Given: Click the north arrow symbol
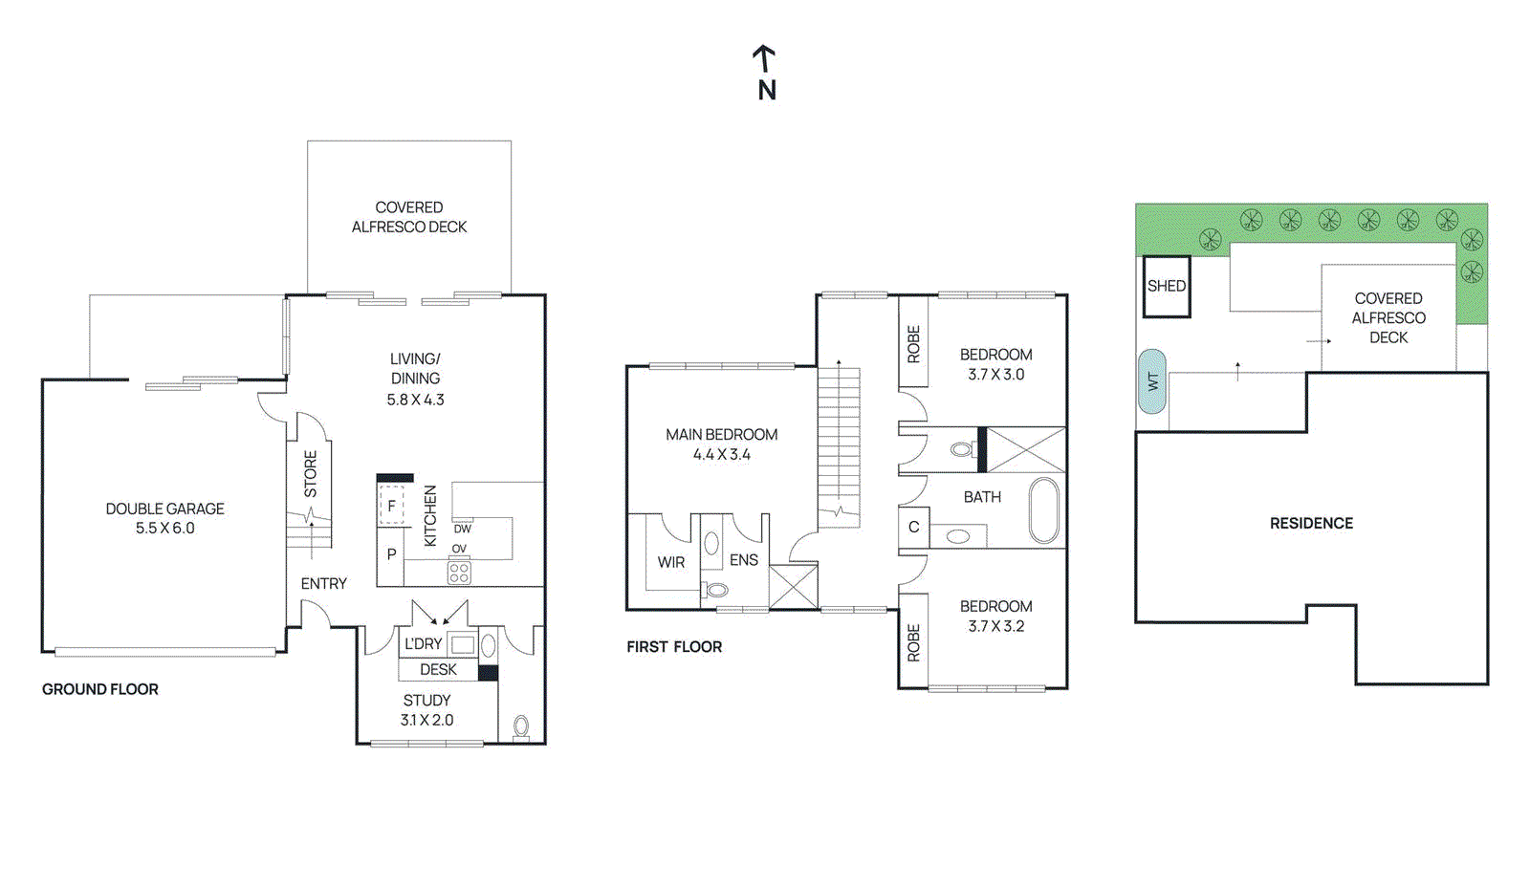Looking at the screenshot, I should pyautogui.click(x=763, y=60).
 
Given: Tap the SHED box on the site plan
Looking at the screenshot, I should pyautogui.click(x=1167, y=286).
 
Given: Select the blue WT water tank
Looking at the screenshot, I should pyautogui.click(x=1152, y=381).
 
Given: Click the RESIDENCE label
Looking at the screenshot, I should pyautogui.click(x=1311, y=524).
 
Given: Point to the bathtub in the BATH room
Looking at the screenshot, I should pyautogui.click(x=1043, y=510).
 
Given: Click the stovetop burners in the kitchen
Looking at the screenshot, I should pyautogui.click(x=459, y=573).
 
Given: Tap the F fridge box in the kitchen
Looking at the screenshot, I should pyautogui.click(x=391, y=506).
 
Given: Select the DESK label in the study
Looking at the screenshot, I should pyautogui.click(x=438, y=670).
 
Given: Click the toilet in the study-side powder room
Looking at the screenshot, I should pyautogui.click(x=521, y=726).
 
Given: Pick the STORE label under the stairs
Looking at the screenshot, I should pyautogui.click(x=311, y=474).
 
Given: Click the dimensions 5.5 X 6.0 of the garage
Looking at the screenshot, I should pyautogui.click(x=164, y=529).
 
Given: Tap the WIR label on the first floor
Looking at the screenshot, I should pyautogui.click(x=671, y=563).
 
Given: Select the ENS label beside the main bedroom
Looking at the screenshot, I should pyautogui.click(x=744, y=561).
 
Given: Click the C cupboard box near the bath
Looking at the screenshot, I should pyautogui.click(x=913, y=528).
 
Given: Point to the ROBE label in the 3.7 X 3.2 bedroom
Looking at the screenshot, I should pyautogui.click(x=913, y=642).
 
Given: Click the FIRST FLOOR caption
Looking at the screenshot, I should pyautogui.click(x=674, y=647).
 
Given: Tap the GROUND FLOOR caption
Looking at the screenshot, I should pyautogui.click(x=100, y=689).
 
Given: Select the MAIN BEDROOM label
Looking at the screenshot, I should pyautogui.click(x=722, y=435).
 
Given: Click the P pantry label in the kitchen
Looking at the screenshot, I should pyautogui.click(x=391, y=554).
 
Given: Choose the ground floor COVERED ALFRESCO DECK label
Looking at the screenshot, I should pyautogui.click(x=409, y=217).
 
